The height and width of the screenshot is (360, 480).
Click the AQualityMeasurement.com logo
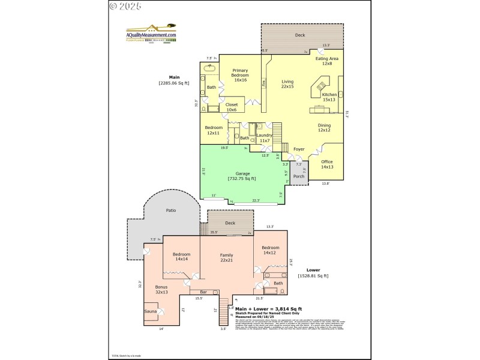coord(151,32)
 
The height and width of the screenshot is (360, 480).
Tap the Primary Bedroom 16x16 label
coord(241,77)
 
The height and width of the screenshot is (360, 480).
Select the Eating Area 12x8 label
coord(327,61)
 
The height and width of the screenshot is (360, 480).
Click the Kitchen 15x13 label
coord(329,98)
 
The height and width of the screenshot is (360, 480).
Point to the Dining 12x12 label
coord(324,128)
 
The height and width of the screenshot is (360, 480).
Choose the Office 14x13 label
coord(326,164)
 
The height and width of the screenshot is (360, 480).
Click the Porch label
coord(299,176)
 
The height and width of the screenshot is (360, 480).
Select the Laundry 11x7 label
coord(264,138)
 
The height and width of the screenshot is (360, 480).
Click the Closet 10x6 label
coord(232,107)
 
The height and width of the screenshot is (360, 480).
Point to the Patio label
coord(170,211)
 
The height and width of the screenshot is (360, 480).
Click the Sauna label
coord(150,311)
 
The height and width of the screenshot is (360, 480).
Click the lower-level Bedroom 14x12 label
coord(270,250)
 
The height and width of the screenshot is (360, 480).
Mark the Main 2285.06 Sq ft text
coord(174,80)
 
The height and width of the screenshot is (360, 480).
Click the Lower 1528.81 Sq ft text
coord(313,273)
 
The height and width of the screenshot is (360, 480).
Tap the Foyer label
coord(298,149)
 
